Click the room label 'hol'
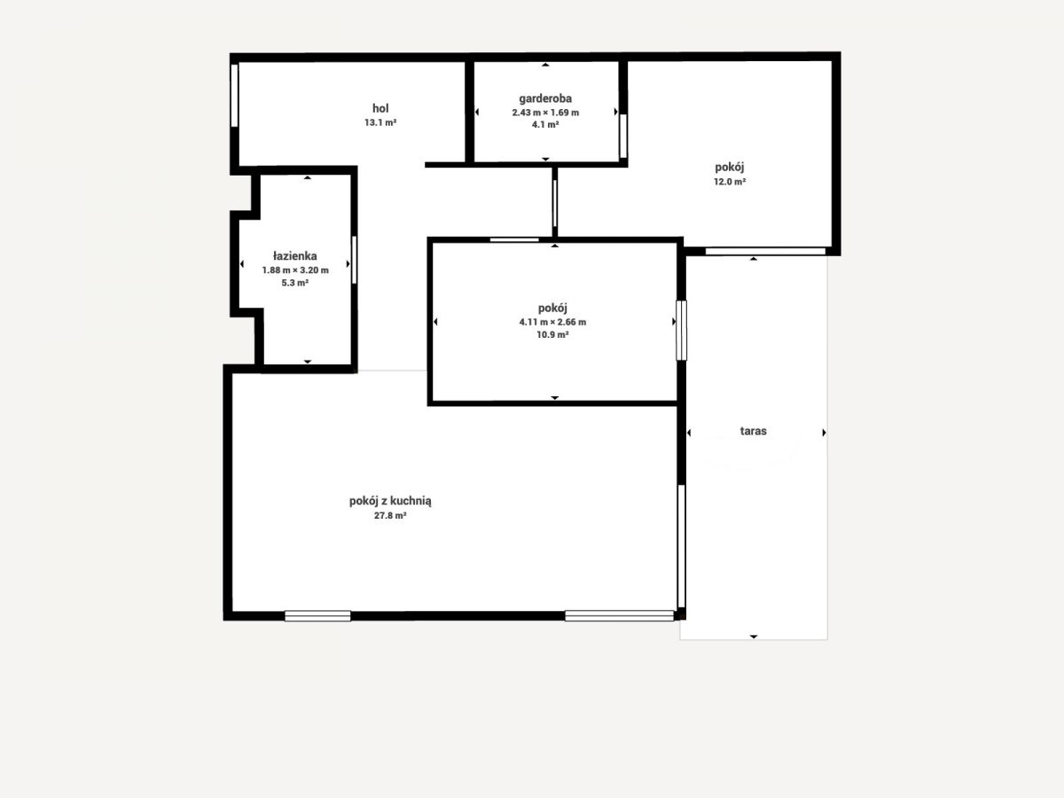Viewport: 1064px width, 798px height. tap(380, 108)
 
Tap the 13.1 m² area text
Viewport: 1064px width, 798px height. tap(380, 122)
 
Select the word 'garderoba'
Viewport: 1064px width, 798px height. tap(545, 98)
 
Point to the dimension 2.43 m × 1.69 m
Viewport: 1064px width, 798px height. tap(545, 113)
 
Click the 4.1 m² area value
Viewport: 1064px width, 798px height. tap(545, 124)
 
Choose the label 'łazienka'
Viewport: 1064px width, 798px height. tap(295, 256)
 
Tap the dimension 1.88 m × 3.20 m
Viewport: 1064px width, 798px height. tap(295, 270)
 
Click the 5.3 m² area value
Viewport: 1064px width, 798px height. tap(295, 283)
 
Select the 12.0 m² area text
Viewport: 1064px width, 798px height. tap(730, 182)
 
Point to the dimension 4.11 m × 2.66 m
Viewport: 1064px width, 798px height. tap(552, 322)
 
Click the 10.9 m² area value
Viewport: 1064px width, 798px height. tap(552, 334)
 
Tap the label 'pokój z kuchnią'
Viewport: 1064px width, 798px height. tap(390, 501)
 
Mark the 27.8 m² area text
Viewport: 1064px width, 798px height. tap(390, 515)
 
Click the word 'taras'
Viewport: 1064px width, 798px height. tap(754, 431)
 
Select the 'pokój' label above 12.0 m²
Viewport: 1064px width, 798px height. tap(730, 168)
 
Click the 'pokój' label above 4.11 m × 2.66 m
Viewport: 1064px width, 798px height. tap(552, 309)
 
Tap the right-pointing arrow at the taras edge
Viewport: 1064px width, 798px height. tap(824, 433)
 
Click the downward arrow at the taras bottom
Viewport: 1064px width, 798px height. tap(754, 637)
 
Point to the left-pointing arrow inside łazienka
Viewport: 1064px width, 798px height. tap(242, 264)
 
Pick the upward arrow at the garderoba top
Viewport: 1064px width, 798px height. tap(545, 65)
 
